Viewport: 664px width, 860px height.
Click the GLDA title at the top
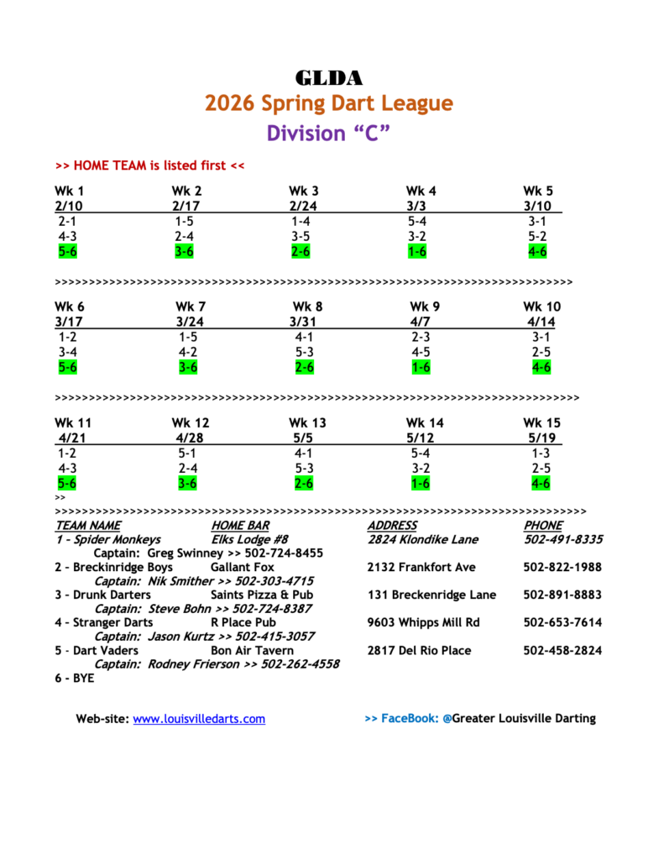(328, 79)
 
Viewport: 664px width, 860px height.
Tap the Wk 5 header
(538, 191)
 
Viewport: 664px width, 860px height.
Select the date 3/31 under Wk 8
(302, 322)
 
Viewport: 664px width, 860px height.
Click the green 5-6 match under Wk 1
(68, 251)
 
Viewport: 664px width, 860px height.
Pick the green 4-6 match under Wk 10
(541, 367)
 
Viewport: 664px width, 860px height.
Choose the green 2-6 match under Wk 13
(303, 483)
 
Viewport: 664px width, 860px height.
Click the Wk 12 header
(191, 422)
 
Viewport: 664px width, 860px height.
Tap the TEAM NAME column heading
(88, 526)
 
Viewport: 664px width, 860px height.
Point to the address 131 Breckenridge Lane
(431, 595)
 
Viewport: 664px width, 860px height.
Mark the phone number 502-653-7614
(562, 623)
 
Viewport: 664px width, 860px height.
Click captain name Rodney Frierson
(194, 664)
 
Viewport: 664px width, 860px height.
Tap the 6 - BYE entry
(75, 679)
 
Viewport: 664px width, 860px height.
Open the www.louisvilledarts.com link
(199, 719)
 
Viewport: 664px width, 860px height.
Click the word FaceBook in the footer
(410, 719)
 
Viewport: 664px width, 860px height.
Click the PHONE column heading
(543, 526)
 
